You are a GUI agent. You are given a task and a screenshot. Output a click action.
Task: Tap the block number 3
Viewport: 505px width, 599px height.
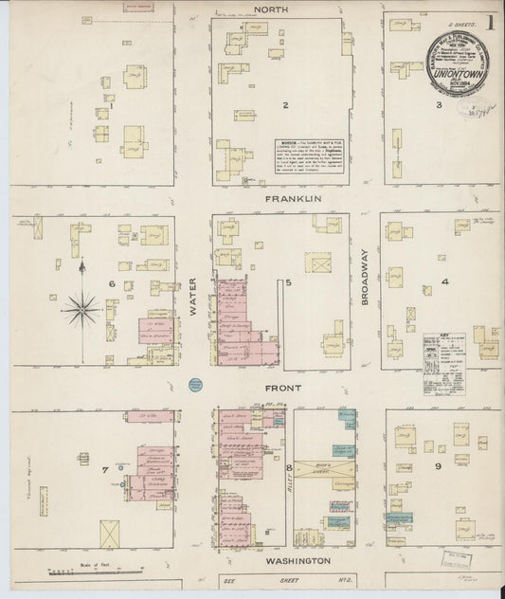438,105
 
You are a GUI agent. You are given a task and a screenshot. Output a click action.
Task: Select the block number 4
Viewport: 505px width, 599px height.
443,281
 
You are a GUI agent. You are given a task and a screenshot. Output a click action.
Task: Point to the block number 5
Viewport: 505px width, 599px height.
289,282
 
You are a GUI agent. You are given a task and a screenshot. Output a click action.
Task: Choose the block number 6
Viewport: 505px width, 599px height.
112,283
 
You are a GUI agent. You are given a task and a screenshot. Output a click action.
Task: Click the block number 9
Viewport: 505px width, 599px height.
438,466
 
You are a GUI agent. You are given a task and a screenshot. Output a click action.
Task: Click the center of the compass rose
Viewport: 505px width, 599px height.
83,306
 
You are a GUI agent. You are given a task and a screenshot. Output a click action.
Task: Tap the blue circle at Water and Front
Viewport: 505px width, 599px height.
195,385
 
